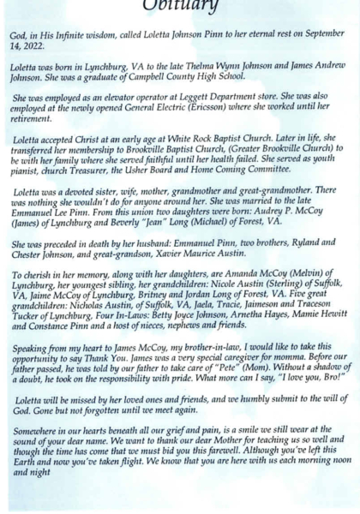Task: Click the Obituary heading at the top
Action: click(180, 6)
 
